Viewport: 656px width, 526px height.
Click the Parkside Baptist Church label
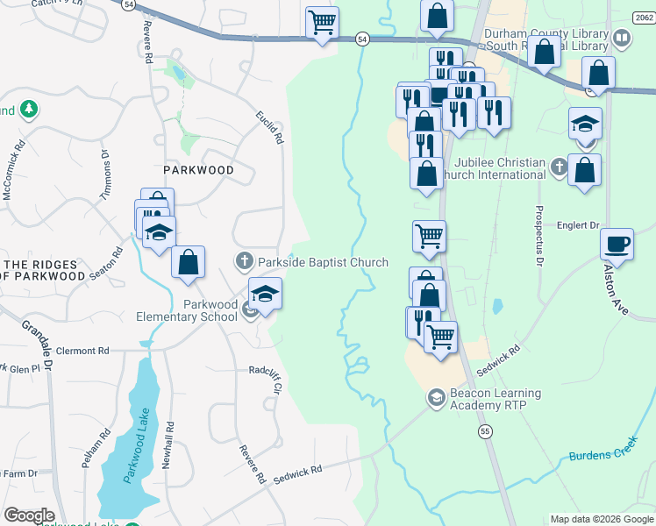(x=322, y=262)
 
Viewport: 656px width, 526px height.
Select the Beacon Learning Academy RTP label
(x=496, y=400)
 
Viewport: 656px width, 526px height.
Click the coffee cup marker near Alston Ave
(x=617, y=243)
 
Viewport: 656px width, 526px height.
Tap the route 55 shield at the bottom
(x=485, y=430)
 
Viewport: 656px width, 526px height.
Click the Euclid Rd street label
(x=270, y=127)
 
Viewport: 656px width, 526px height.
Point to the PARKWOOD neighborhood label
(x=198, y=170)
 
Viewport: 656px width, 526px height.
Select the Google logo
(x=29, y=515)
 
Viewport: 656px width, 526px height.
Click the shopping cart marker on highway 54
(x=323, y=22)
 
